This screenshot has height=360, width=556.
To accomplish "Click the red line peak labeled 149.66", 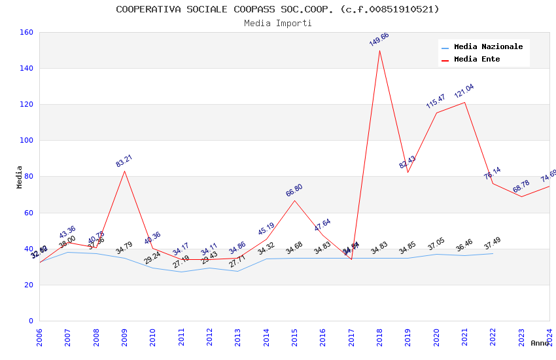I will pyautogui.click(x=379, y=51).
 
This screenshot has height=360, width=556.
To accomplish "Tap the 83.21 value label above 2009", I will pyautogui.click(x=124, y=161).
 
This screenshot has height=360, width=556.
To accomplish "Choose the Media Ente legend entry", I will pyautogui.click(x=477, y=60).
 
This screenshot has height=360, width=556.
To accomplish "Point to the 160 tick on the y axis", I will pyautogui.click(x=27, y=32).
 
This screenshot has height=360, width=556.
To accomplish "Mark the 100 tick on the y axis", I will pyautogui.click(x=27, y=140).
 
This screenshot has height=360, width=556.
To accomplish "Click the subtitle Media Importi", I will pyautogui.click(x=277, y=23).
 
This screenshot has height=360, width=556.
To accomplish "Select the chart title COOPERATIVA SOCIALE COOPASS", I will pyautogui.click(x=277, y=9).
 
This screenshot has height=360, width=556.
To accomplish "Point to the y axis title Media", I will pyautogui.click(x=20, y=177).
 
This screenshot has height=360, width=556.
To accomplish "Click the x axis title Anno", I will pyautogui.click(x=540, y=343).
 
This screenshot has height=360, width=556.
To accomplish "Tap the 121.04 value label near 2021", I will pyautogui.click(x=464, y=91).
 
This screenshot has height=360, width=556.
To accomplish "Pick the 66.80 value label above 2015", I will pyautogui.click(x=294, y=190).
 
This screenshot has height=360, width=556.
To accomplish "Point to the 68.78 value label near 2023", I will pyautogui.click(x=521, y=187).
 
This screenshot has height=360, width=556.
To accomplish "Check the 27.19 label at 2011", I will pyautogui.click(x=181, y=262).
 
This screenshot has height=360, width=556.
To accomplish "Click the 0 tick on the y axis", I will pyautogui.click(x=31, y=321).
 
